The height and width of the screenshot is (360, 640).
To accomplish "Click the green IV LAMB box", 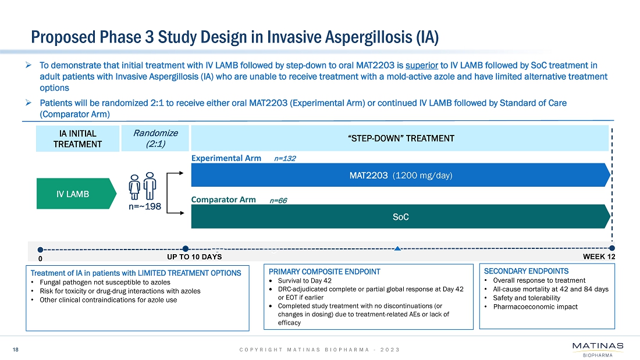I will click(x=72, y=194).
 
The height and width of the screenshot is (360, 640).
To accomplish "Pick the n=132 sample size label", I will click(x=285, y=158).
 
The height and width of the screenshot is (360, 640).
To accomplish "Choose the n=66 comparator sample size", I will click(x=279, y=200).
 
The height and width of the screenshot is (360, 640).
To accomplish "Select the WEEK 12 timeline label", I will click(x=599, y=256).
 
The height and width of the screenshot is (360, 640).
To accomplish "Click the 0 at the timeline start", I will click(x=40, y=258).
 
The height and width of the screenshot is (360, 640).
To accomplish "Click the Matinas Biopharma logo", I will click(x=598, y=350).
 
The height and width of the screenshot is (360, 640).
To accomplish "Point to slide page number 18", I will click(x=16, y=350).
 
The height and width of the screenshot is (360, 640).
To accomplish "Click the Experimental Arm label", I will click(x=226, y=158).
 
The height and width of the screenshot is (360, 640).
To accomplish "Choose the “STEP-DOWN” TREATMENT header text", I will click(x=400, y=138).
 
